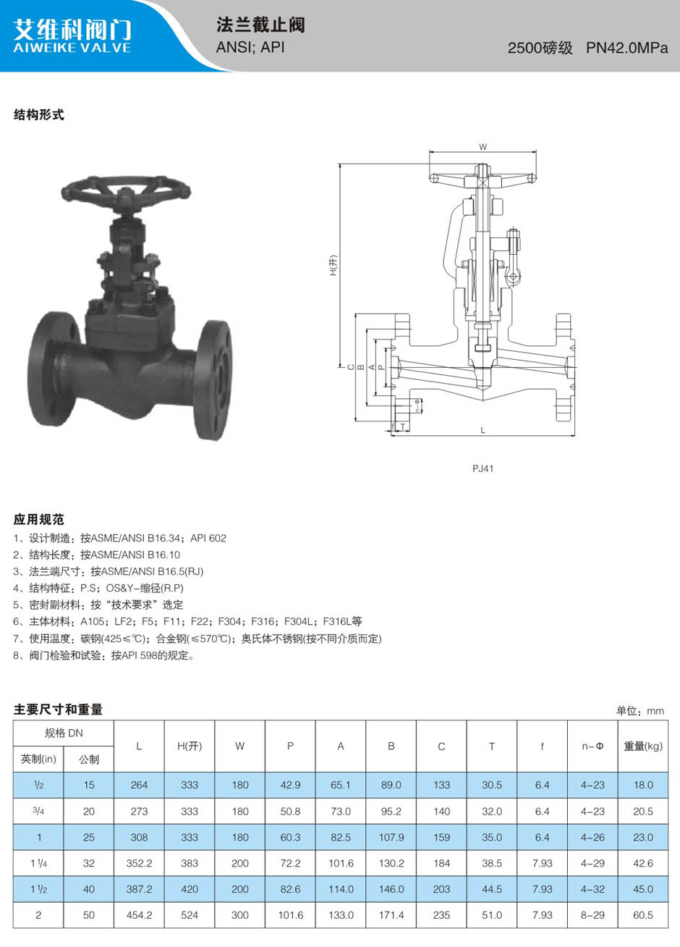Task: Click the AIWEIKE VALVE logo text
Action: [72, 47]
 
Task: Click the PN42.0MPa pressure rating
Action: [626, 48]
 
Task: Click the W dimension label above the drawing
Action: [483, 147]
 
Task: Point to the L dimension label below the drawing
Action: [483, 430]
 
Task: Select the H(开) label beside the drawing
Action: [333, 266]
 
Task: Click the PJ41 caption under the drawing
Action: [483, 468]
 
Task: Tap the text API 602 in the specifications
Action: [208, 538]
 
